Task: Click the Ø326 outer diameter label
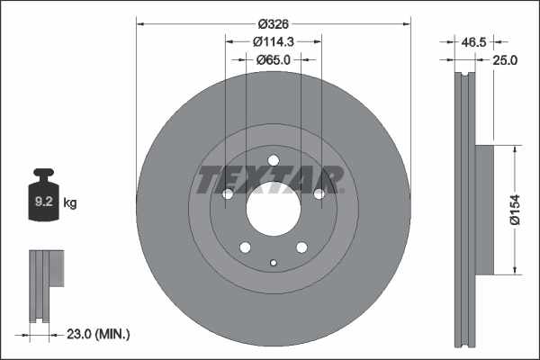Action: click(x=273, y=24)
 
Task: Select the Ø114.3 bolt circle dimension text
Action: click(x=273, y=41)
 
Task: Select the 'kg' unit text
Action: click(x=70, y=203)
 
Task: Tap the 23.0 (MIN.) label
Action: click(x=98, y=334)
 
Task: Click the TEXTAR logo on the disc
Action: click(x=270, y=180)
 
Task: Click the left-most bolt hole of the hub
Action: click(x=228, y=194)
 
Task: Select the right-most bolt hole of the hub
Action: click(x=319, y=193)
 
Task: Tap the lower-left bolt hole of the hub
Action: click(x=245, y=248)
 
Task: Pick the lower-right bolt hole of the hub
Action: click(x=301, y=248)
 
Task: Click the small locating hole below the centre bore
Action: click(x=273, y=263)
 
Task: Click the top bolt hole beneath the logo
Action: click(x=273, y=162)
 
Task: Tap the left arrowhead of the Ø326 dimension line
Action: click(x=140, y=24)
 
